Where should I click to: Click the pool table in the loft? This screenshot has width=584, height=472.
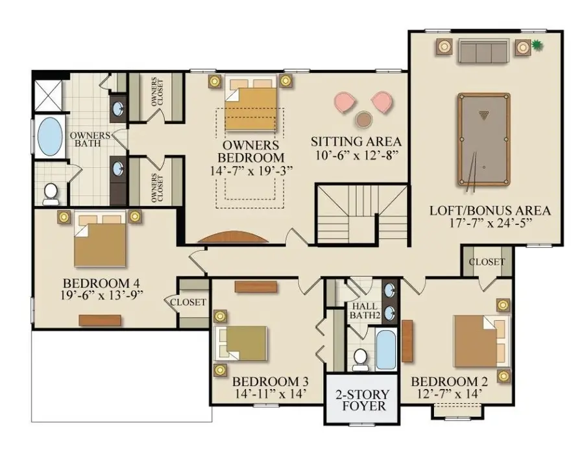point(483,138)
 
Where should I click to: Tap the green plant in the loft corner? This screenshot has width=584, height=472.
point(537,45)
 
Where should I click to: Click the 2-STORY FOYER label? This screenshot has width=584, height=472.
point(362,400)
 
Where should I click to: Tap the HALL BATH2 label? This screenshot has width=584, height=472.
point(365,311)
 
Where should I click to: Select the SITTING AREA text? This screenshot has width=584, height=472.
point(356,141)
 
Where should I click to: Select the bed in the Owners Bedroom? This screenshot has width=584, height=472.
point(252,107)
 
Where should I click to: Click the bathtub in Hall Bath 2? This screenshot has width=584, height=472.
point(385,349)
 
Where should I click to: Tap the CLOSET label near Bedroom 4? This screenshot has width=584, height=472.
point(188,302)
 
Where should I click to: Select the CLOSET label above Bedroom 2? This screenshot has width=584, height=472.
point(486,262)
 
